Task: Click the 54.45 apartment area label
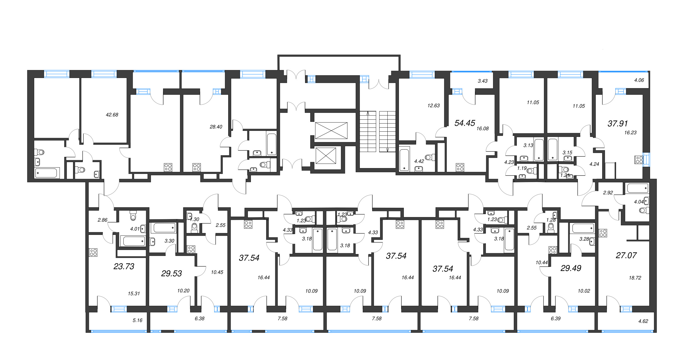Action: pos(465,123)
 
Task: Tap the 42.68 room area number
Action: pos(112,115)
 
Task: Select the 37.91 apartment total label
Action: pos(618,124)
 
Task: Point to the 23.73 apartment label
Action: pos(124,266)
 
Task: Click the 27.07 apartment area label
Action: pos(626,255)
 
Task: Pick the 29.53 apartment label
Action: pos(171,273)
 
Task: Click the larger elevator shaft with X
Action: pos(331,131)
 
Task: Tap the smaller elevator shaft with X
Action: pos(326,156)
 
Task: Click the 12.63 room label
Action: pos(433,106)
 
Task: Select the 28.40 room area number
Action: pos(216,127)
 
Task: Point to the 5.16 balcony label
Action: pos(137,320)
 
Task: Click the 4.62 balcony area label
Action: pos(643,321)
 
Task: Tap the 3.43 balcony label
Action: pos(483,81)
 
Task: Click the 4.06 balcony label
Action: pos(639,80)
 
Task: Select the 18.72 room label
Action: pos(635,278)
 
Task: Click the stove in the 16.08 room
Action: pos(460,167)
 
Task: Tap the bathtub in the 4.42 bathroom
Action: pos(404,160)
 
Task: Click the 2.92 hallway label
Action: pos(608,193)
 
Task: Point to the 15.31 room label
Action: pos(134,293)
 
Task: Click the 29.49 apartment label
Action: pos(571,268)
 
